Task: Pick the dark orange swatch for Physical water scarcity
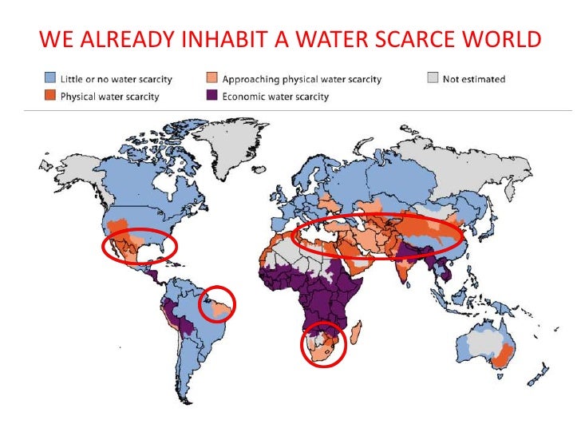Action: (x=49, y=97)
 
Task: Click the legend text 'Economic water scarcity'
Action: (x=275, y=97)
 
